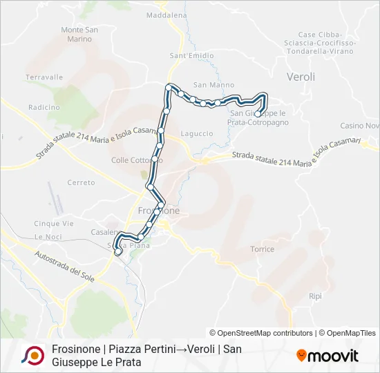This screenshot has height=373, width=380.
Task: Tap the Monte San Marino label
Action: (79, 35)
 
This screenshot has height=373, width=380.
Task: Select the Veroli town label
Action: (301, 77)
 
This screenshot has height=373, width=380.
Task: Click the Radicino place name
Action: (44, 107)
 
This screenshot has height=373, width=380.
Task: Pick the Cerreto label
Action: (81, 182)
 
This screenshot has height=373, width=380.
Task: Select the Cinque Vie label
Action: (53, 224)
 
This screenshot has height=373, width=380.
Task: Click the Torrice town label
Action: (263, 249)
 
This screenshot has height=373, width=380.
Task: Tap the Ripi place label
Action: (316, 296)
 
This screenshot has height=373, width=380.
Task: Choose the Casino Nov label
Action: (360, 126)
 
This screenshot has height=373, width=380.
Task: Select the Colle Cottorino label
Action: (136, 160)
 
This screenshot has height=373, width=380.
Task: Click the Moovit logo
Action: (327, 356)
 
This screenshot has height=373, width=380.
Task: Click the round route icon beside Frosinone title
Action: (31, 355)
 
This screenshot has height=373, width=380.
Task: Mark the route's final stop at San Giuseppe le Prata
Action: (258, 114)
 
